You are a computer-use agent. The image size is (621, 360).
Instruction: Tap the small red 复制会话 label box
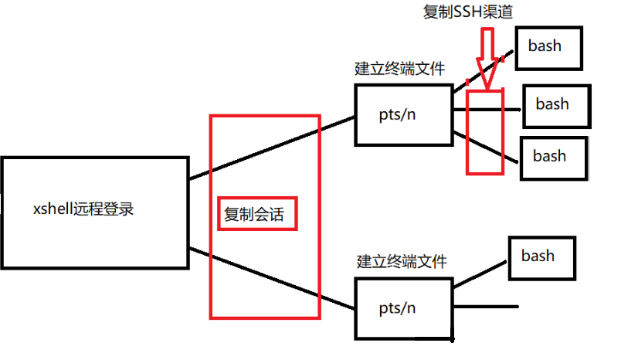[x=254, y=215]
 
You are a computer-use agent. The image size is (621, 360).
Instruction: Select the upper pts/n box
[x=402, y=114]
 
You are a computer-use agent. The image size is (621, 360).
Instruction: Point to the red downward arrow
[x=486, y=58]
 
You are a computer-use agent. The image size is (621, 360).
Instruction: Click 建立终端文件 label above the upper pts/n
[x=400, y=69]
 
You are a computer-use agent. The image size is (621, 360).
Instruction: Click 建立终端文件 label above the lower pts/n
[x=402, y=261]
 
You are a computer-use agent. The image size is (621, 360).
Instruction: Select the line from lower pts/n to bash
[x=479, y=275]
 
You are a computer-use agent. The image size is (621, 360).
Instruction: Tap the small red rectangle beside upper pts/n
[x=485, y=131]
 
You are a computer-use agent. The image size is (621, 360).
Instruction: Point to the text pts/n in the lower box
[x=397, y=307]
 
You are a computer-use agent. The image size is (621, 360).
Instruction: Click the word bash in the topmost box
[x=545, y=45]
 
